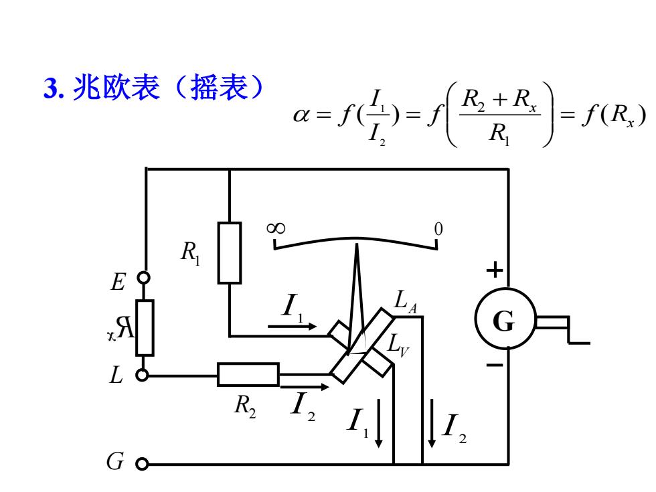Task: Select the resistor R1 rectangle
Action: pyautogui.click(x=229, y=253)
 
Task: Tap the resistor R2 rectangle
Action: pyautogui.click(x=248, y=374)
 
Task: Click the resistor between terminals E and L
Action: pyautogui.click(x=145, y=327)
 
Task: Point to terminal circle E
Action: pyautogui.click(x=144, y=277)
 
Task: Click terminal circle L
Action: pyautogui.click(x=142, y=376)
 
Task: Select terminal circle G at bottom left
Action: pyautogui.click(x=142, y=464)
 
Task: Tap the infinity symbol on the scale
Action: pyautogui.click(x=276, y=228)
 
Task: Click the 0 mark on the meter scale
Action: pyautogui.click(x=438, y=229)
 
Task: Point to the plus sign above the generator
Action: pyautogui.click(x=495, y=270)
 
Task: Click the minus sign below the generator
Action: pyautogui.click(x=495, y=365)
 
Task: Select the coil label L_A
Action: pyautogui.click(x=406, y=301)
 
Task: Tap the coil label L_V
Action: pyautogui.click(x=398, y=345)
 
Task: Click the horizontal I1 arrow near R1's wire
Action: pyautogui.click(x=292, y=327)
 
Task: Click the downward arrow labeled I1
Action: pyautogui.click(x=379, y=423)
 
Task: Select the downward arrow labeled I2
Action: pyautogui.click(x=432, y=423)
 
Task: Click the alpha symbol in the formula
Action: pyautogui.click(x=301, y=114)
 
